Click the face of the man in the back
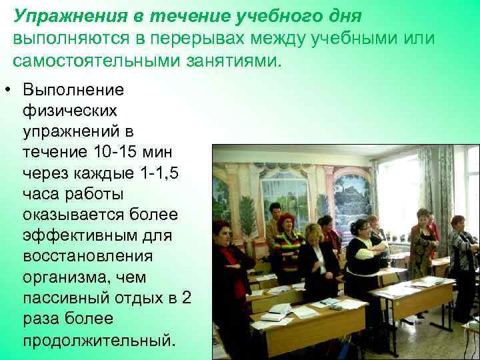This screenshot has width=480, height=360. click(275, 211)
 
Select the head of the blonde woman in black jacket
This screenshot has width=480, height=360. click(313, 233)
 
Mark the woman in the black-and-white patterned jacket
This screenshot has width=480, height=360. click(463, 260)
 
